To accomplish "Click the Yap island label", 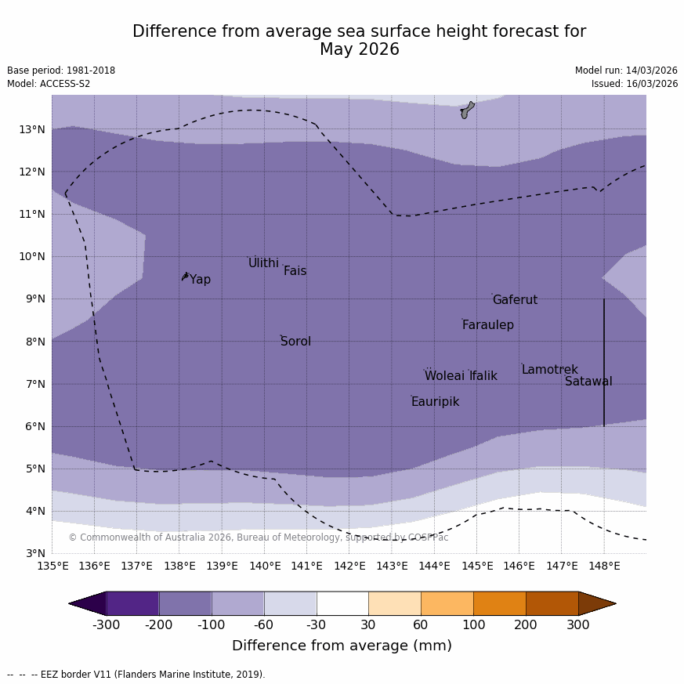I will point(200,280).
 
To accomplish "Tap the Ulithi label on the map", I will point(263,263).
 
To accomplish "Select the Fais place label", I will point(295,271).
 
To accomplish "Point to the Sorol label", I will point(295,342).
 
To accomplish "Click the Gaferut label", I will point(515,300).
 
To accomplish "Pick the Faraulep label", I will point(487,325).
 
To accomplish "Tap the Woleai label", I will point(444,376).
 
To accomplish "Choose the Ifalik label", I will point(483,376).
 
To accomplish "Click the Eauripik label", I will point(435,402).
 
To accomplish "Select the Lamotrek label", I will point(549,370).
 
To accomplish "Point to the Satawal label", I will point(588,382).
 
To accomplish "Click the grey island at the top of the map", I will point(467,110).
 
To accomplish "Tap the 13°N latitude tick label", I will point(32,129).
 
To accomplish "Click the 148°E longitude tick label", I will point(604,566).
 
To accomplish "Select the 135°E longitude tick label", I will point(52,566).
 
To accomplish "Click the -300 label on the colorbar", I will point(107,625).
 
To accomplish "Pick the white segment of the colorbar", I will point(342,603).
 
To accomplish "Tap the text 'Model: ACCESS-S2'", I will point(49,84).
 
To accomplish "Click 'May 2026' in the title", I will point(359,49).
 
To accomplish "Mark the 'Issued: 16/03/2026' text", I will point(635,84).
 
